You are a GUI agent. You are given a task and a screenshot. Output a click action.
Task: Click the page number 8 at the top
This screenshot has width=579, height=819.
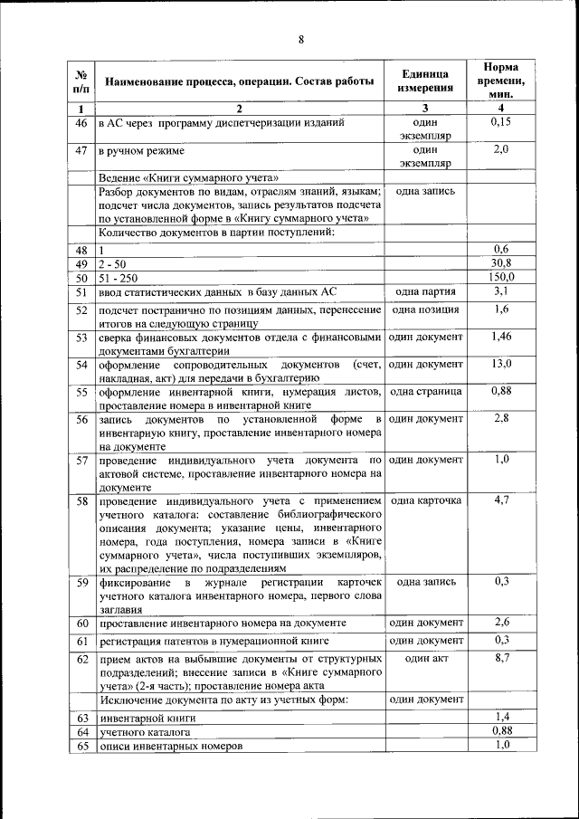tap(301, 39)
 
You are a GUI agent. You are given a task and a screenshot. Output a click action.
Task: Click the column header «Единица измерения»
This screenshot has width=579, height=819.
tap(424, 81)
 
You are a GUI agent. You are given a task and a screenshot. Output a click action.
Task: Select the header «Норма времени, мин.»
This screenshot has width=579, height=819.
tap(500, 81)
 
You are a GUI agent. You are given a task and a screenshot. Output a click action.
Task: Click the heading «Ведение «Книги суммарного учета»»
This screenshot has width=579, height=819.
tap(188, 177)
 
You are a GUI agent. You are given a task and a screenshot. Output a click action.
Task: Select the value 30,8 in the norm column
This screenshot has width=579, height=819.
tap(501, 262)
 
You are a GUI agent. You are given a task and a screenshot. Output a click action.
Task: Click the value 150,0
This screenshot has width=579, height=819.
tap(501, 277)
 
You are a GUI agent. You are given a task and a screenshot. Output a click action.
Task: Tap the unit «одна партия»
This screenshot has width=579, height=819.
tap(424, 292)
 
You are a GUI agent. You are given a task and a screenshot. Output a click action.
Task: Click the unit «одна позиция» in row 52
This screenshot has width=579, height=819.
tap(424, 310)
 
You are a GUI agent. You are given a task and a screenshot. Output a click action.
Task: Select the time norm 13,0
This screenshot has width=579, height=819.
tap(501, 364)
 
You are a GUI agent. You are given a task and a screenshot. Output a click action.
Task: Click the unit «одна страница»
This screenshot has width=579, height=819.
tap(424, 392)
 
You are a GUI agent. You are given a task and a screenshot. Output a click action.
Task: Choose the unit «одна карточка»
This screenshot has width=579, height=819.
tap(424, 500)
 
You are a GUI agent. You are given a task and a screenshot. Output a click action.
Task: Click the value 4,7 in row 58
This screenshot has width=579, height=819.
tap(501, 500)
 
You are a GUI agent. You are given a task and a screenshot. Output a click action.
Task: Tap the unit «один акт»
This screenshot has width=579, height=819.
tap(426, 659)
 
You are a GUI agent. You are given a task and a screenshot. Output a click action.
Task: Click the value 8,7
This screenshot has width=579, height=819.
tap(501, 658)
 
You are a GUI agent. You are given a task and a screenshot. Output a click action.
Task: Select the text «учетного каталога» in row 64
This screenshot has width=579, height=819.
tap(145, 731)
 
